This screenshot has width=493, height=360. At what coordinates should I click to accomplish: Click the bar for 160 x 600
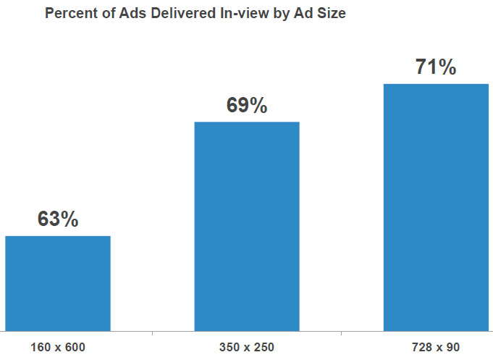58,283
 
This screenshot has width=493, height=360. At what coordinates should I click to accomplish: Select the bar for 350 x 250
247,226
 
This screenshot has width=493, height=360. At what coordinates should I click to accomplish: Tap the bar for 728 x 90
436,207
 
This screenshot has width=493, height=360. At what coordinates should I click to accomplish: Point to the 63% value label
58,219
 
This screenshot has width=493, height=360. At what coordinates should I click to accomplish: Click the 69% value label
247,106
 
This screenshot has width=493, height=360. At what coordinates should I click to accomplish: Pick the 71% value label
436,68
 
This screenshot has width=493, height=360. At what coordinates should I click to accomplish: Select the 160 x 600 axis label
58,347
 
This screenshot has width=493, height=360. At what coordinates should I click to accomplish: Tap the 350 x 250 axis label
247,347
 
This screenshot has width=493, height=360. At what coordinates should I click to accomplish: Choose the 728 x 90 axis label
436,347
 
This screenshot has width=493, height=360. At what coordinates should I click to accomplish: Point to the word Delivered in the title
179,14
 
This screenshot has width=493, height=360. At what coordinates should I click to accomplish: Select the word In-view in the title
240,14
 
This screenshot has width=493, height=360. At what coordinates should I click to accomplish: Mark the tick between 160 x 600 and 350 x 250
153,334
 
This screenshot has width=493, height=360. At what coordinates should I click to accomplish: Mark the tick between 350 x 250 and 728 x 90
342,334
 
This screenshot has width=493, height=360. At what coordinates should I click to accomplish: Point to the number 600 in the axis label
75,347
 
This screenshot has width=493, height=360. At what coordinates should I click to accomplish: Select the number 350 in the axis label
229,347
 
